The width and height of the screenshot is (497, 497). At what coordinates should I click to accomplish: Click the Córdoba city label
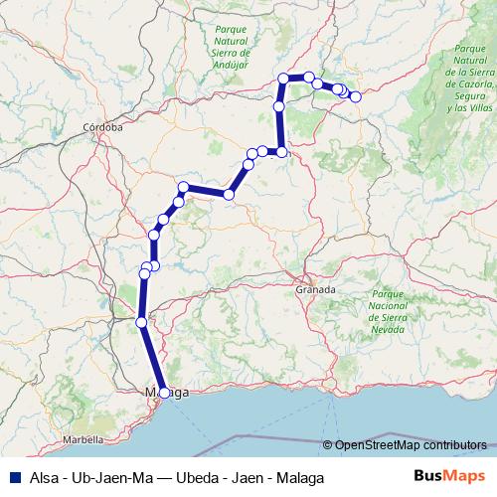103,127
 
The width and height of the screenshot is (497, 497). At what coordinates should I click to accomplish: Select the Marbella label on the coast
83,438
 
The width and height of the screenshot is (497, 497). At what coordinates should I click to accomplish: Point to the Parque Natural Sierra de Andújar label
231,48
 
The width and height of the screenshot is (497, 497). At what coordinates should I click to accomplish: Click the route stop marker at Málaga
163,393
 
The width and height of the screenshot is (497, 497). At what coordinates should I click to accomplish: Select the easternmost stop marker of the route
355,96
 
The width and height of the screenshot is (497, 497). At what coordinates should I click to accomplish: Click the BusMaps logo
449,476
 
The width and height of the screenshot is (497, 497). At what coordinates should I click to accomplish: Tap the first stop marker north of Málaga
141,322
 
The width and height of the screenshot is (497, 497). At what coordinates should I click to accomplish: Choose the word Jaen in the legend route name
248,477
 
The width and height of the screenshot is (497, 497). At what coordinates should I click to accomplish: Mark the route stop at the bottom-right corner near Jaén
282,151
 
